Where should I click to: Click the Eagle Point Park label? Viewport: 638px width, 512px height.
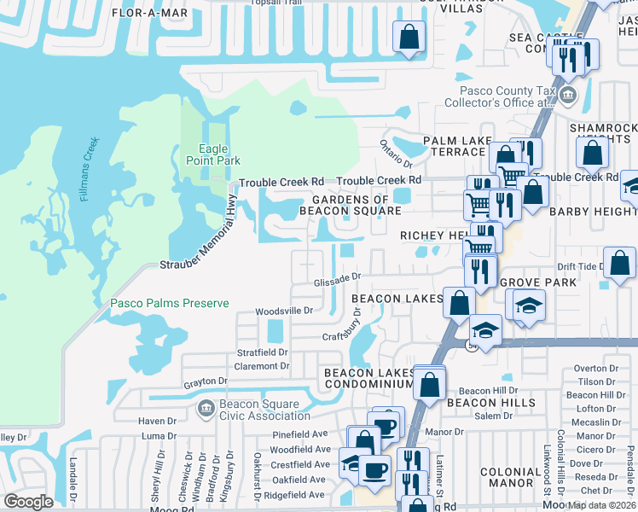click(x=213, y=154)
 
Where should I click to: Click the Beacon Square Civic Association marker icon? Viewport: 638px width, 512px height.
click(x=205, y=408)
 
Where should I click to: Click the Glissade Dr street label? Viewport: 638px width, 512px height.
click(x=338, y=276)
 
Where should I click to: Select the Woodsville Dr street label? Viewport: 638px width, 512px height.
click(x=285, y=311)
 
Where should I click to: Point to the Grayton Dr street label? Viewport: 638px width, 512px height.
click(x=206, y=381)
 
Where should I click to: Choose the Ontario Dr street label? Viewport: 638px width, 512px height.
click(x=396, y=154)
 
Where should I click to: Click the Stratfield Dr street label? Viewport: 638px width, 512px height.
click(x=263, y=352)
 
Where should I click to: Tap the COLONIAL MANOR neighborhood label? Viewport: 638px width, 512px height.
click(x=510, y=478)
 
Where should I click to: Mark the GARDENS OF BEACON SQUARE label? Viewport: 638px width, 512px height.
click(x=350, y=205)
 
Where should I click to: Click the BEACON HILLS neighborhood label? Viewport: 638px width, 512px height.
click(x=491, y=403)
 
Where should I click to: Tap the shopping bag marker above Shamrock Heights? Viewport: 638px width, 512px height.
click(x=592, y=154)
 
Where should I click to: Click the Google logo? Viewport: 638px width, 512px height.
click(x=28, y=502)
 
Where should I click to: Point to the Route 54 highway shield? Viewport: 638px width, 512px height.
click(x=472, y=346)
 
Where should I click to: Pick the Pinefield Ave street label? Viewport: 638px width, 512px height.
click(x=301, y=434)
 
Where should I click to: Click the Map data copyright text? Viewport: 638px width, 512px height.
click(x=600, y=505)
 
